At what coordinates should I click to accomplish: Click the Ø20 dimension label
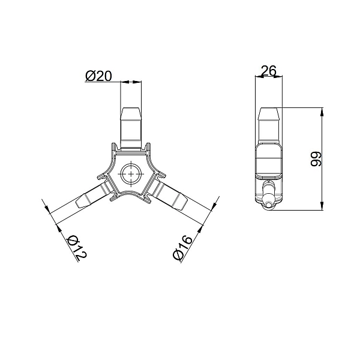(98, 76)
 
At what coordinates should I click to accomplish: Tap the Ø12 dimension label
(76, 248)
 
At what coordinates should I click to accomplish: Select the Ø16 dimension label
(182, 248)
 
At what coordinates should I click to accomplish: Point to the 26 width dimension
(269, 71)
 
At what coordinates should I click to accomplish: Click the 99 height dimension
(316, 158)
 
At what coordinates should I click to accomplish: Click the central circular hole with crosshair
(131, 174)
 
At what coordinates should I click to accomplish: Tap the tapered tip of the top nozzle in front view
(131, 113)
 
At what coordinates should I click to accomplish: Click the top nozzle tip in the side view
(269, 113)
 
